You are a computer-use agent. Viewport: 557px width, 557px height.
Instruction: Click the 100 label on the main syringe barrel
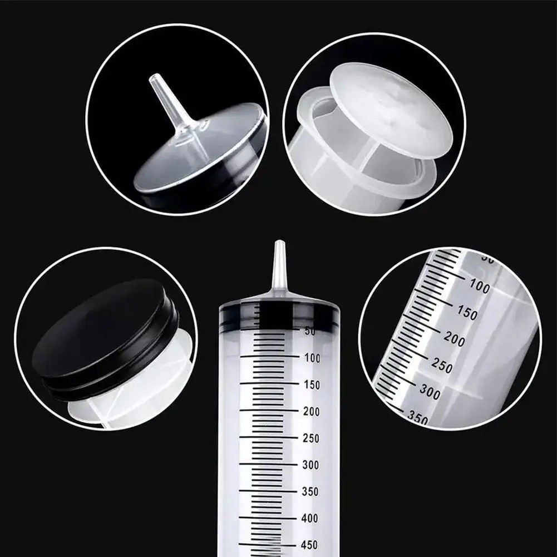313,358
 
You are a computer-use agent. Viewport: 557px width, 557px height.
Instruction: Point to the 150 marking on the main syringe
312,385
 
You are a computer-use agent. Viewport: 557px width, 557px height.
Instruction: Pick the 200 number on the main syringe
312,411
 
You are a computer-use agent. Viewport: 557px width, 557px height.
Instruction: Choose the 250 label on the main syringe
312,438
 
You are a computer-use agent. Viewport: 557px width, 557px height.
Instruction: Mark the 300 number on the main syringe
312,465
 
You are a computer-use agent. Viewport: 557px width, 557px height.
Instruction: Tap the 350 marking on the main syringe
312,492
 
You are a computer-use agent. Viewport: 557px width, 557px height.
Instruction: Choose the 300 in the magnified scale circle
429,392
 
